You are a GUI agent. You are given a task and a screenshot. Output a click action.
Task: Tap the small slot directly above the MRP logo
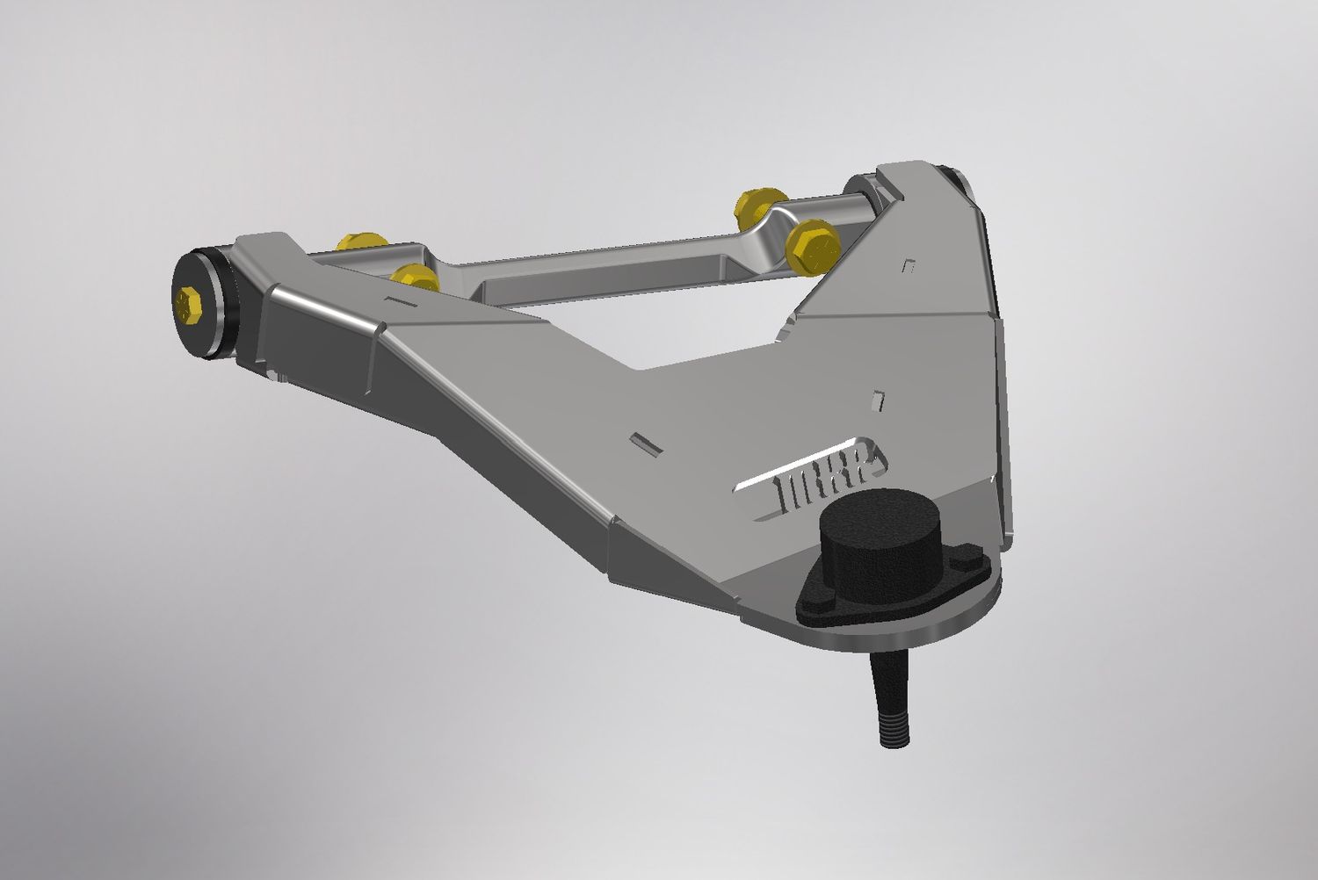pyautogui.click(x=877, y=400)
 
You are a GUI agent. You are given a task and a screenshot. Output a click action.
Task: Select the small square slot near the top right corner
pyautogui.click(x=910, y=264)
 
